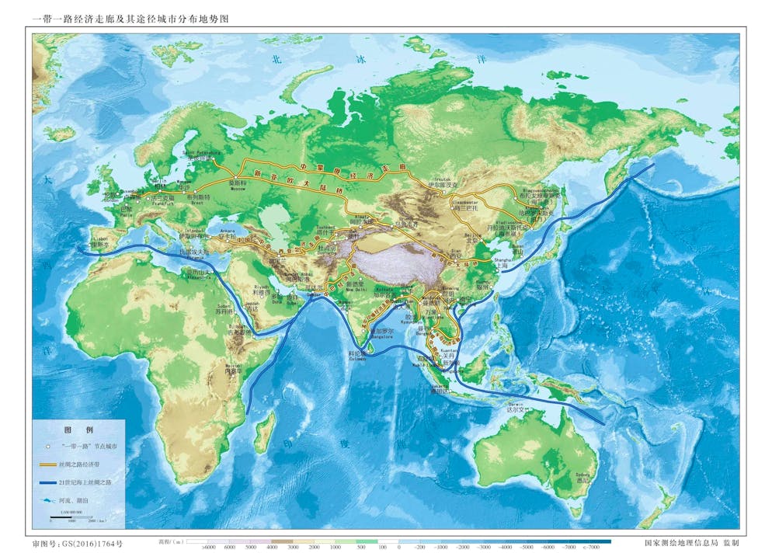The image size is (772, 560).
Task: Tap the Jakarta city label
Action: coord(443,388)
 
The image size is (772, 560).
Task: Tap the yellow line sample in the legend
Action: coord(48,464)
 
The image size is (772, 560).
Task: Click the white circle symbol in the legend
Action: coord(48,447)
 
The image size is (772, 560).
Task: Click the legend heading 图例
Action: coord(78,430)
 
